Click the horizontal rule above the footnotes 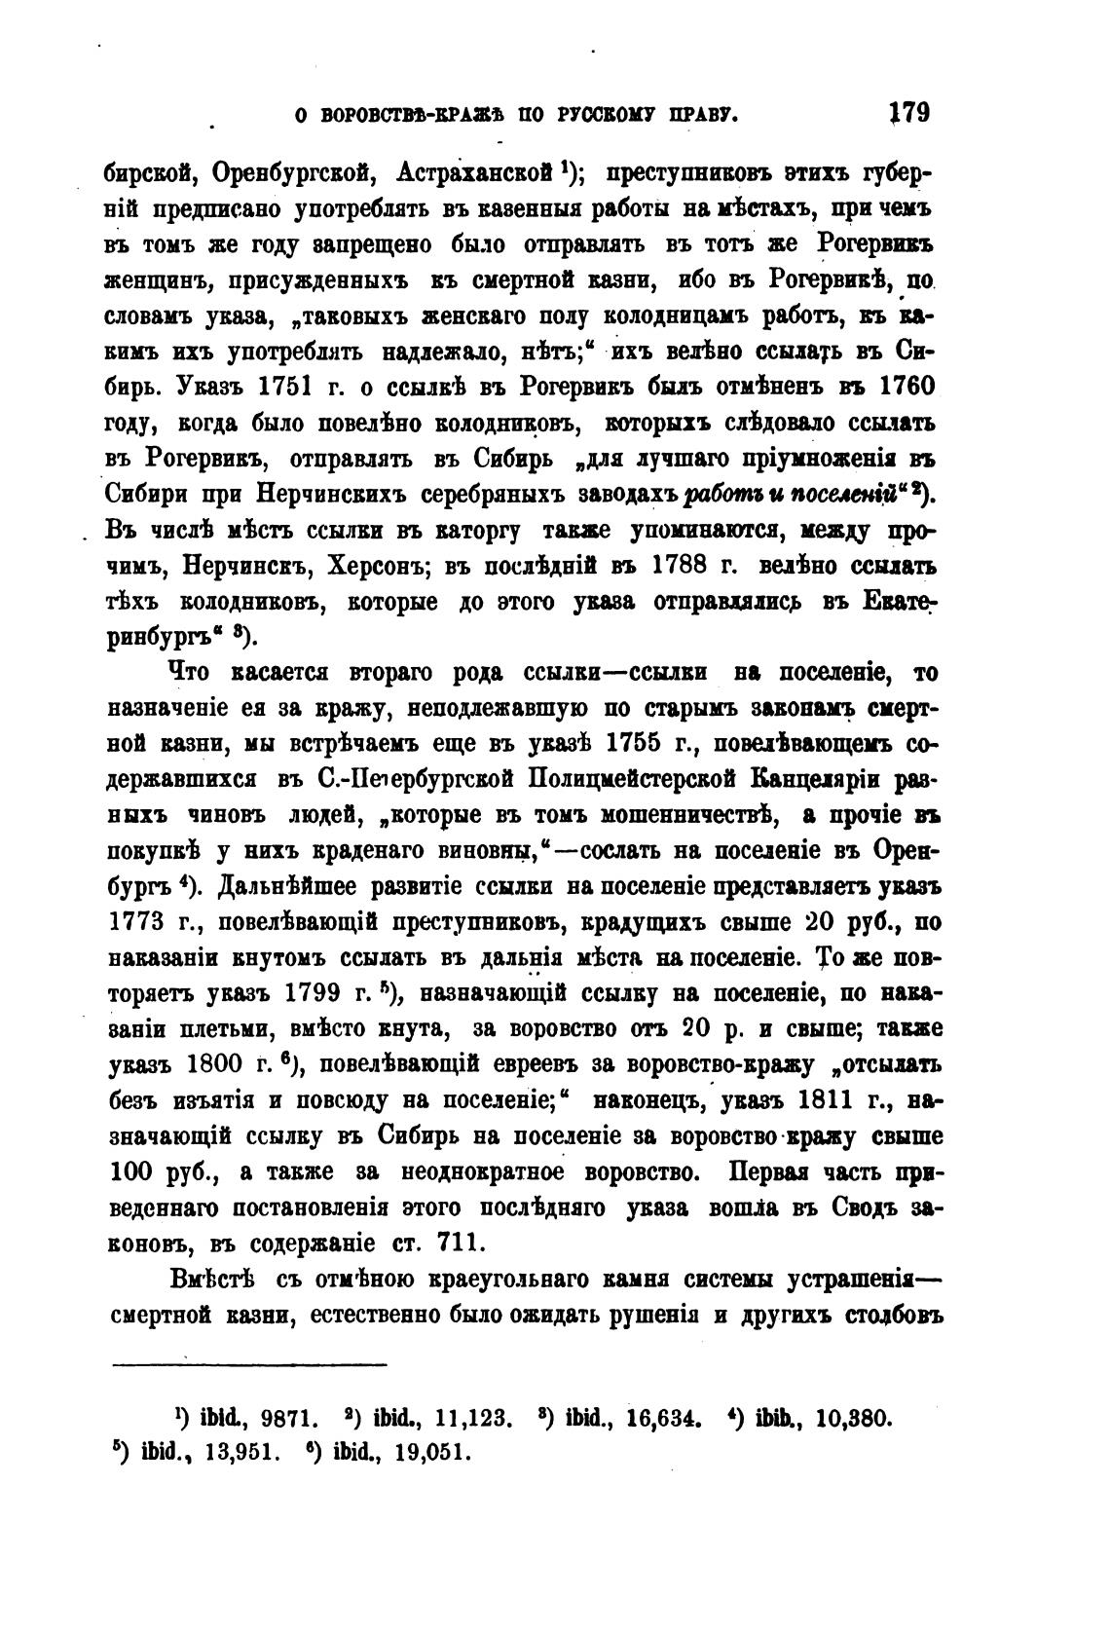coord(249,1363)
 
